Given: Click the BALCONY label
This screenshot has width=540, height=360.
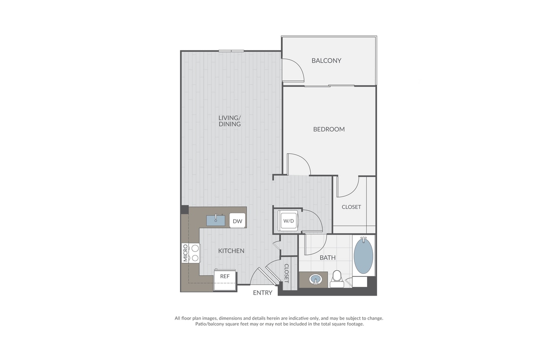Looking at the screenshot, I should [326, 61].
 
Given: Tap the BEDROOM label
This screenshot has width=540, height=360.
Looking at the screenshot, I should [329, 129].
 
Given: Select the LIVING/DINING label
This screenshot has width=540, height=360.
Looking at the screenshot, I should [229, 121].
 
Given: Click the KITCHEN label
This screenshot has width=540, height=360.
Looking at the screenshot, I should [231, 251].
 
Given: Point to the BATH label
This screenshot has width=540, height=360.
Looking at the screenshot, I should [327, 258].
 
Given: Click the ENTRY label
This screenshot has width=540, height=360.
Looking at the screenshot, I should [263, 293].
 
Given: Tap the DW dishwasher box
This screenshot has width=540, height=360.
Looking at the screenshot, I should [237, 221].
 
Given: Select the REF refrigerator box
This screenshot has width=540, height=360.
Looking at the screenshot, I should [225, 276].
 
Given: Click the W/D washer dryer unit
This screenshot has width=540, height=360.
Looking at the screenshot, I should [288, 221].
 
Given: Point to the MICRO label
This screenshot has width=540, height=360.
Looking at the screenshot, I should [186, 253].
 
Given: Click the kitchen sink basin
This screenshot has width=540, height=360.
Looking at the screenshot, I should [216, 220].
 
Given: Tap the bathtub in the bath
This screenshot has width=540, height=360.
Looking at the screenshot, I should [363, 256].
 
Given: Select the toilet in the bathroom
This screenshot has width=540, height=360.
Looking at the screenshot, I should [336, 279].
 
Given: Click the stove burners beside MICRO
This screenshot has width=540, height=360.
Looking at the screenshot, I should [195, 253].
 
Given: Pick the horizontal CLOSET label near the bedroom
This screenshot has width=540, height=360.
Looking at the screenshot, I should [351, 207].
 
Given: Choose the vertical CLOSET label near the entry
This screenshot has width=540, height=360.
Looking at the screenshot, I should [287, 273].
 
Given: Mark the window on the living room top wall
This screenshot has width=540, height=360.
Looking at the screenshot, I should [231, 51].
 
